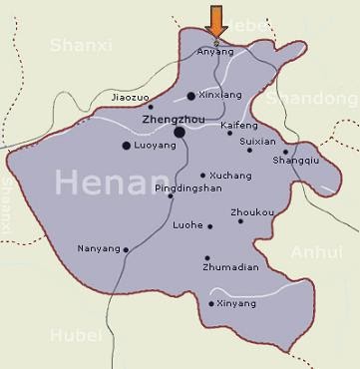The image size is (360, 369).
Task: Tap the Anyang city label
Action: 215,51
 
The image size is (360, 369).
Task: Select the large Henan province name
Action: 111,183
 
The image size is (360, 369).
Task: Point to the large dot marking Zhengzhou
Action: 180,132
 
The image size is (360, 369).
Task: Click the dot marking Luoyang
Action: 126,146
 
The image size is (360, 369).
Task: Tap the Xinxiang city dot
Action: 191,96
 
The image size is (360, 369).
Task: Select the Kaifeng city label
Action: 239,126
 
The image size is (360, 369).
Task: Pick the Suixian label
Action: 258,141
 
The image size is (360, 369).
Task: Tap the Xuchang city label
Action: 230,176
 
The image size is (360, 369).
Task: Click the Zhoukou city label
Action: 252,211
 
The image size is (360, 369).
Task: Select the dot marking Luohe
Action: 209,226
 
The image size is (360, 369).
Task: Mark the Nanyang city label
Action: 98,248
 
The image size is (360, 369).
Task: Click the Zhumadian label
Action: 231,267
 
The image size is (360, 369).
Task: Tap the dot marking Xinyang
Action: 210,303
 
